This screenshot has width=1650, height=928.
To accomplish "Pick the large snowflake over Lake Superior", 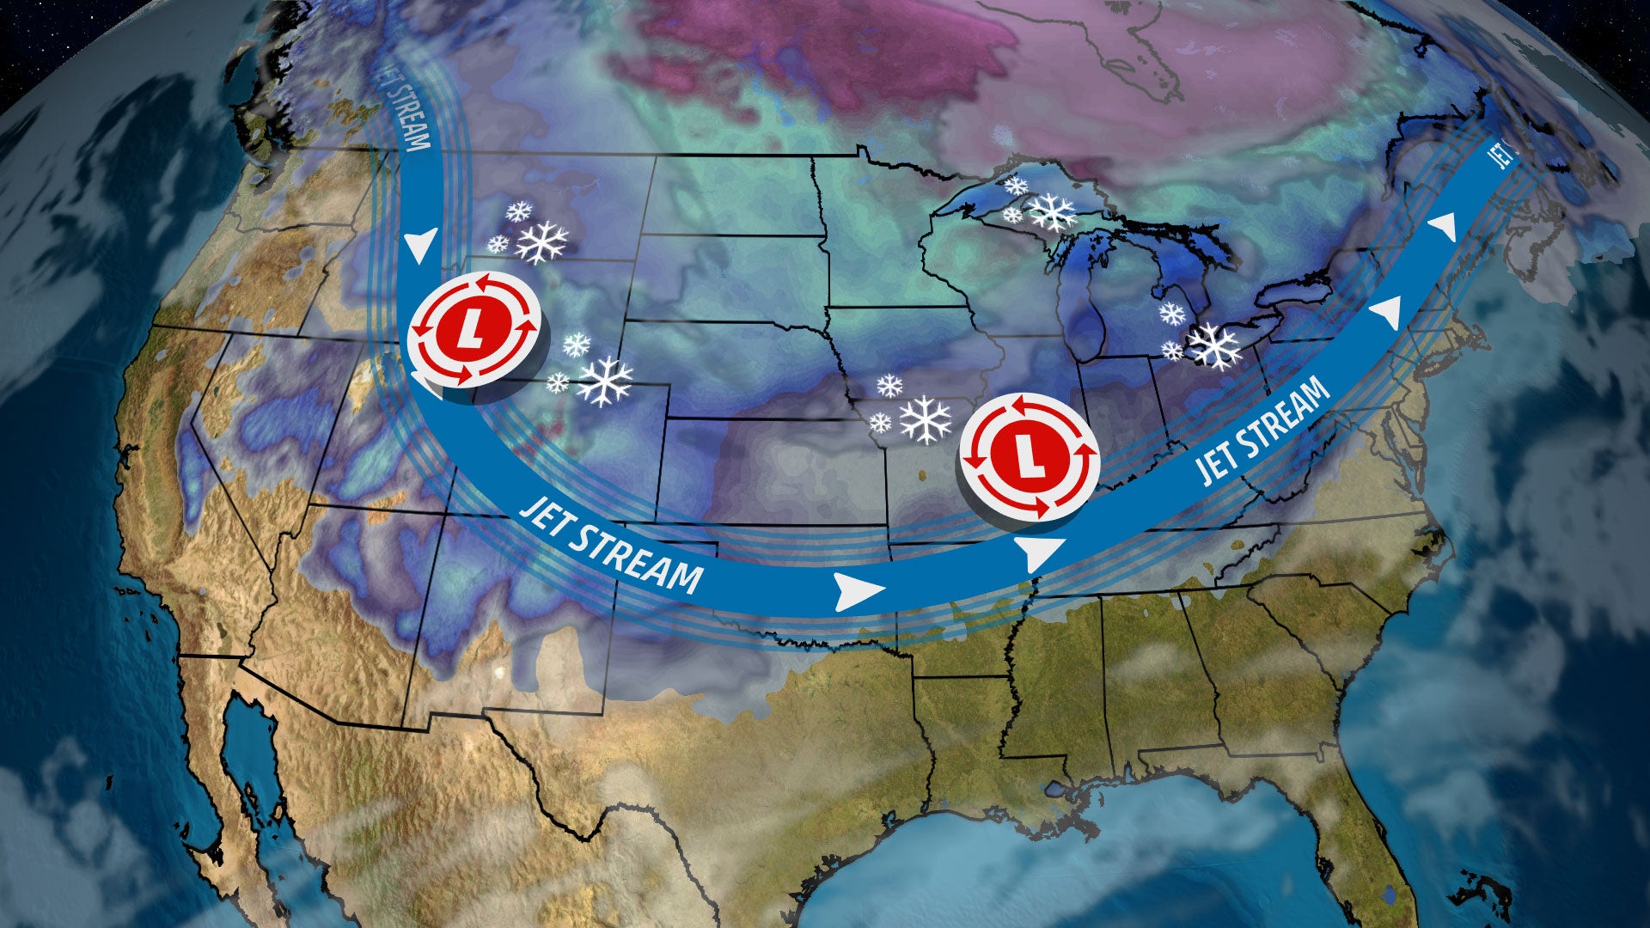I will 1053,211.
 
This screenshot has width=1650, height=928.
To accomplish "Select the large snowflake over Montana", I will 542,242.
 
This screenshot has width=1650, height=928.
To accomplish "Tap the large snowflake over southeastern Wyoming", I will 604,381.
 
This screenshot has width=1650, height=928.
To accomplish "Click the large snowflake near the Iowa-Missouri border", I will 926,419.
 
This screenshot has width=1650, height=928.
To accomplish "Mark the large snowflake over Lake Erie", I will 1213,345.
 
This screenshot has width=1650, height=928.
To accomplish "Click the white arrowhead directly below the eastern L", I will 1039,553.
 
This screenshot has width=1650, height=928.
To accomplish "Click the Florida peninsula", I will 1366,825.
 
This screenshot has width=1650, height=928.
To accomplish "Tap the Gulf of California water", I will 249,756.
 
